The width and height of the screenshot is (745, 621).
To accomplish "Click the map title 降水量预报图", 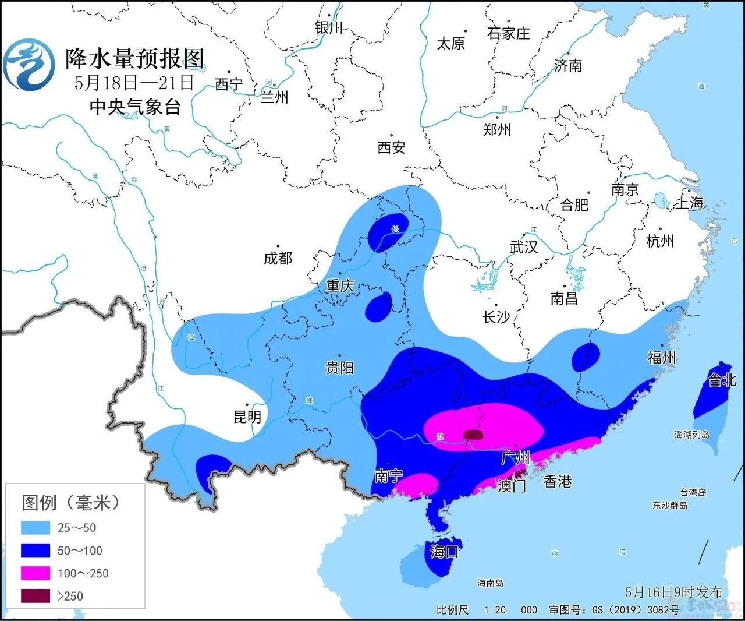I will (134, 59).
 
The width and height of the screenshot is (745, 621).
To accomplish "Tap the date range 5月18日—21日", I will (133, 83).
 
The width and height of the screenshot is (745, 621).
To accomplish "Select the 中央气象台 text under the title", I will (135, 107).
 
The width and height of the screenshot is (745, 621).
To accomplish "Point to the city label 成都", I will (278, 258).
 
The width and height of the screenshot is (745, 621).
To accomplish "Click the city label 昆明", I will (247, 417).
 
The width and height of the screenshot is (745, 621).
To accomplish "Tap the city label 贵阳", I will (339, 368).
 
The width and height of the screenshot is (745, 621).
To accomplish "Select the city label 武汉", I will (524, 247).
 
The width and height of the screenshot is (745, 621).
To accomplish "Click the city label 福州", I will (662, 357).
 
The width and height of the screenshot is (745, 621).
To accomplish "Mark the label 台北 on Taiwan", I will (722, 380).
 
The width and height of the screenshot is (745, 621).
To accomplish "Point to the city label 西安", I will (391, 148).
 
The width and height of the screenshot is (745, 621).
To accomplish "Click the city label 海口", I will (445, 551).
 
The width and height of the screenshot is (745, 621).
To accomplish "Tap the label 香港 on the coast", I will (557, 481).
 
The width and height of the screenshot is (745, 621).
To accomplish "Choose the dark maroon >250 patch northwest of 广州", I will (472, 435).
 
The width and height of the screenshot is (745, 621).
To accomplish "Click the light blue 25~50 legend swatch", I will (35, 528).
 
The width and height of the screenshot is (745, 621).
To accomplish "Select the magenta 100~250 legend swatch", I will (35, 573).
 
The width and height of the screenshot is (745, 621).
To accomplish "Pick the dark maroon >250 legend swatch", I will (35, 596).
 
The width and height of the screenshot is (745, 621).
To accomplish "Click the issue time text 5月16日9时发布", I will (673, 592).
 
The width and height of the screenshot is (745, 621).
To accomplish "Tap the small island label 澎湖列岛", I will (691, 435).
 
